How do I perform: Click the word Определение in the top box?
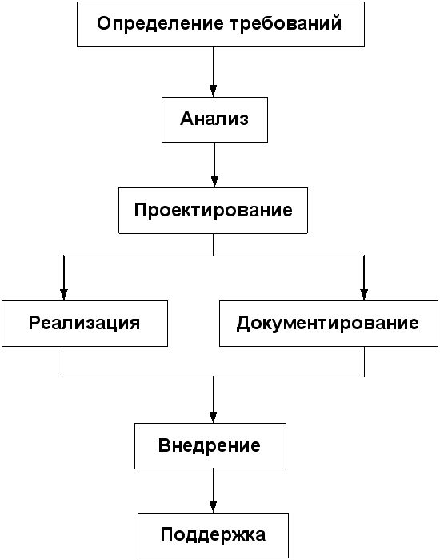point(160,24)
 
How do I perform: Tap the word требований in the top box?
point(286,24)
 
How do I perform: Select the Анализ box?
point(214,119)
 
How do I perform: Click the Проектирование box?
point(214,211)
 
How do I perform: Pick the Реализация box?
point(85,324)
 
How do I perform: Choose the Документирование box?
point(328,324)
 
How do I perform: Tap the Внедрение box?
point(210,446)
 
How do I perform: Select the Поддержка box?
point(214,535)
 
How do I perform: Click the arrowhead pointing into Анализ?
point(214,91)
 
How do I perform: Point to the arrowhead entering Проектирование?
point(214,182)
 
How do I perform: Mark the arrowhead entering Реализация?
point(64,295)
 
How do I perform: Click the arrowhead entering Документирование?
point(364,295)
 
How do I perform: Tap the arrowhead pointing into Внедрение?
point(214,417)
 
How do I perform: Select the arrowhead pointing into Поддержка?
point(214,507)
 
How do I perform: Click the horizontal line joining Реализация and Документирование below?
point(214,377)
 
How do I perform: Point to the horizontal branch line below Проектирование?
point(214,256)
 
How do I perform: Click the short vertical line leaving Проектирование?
point(214,244)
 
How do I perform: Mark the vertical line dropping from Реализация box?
point(62,361)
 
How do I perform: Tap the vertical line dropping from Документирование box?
point(365,361)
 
